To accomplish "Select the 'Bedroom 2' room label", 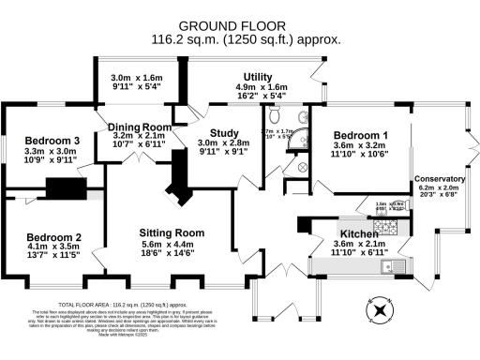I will pyautogui.click(x=53, y=237).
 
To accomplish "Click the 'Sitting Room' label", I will pyautogui.click(x=172, y=232).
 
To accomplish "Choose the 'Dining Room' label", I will pyautogui.click(x=139, y=127).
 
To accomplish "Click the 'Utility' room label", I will pyautogui.click(x=258, y=77).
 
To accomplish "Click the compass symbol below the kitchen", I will pyautogui.click(x=381, y=311).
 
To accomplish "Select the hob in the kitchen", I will pyautogui.click(x=383, y=225).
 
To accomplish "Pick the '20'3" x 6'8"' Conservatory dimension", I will pyautogui.click(x=439, y=197).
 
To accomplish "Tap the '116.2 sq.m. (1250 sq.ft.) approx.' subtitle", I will pyautogui.click(x=247, y=39).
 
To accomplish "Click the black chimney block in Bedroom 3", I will pyautogui.click(x=66, y=190).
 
